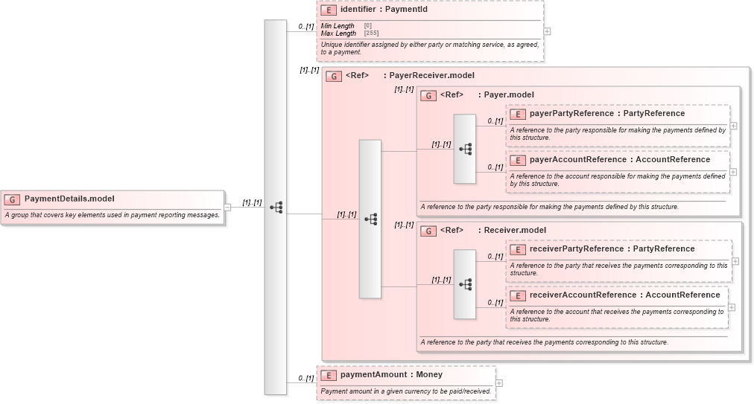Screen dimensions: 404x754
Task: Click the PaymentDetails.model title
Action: coord(69,199)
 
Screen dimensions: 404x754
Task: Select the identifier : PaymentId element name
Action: coord(383,10)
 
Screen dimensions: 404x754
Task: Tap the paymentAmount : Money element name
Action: coord(391,374)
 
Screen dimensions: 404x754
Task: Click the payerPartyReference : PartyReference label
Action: coord(606,113)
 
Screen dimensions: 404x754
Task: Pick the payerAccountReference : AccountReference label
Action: coord(619,159)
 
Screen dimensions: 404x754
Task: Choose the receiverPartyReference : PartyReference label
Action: coord(612,249)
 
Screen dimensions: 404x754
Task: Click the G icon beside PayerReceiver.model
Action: coord(334,76)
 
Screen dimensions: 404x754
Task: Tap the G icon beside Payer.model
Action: coord(428,95)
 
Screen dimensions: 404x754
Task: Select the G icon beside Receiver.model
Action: coord(428,231)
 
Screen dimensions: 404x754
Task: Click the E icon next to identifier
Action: coord(328,10)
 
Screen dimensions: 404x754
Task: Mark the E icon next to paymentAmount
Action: coord(328,375)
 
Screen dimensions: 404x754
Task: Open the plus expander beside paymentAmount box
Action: coord(499,383)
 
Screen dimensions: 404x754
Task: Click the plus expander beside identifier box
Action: coord(548,31)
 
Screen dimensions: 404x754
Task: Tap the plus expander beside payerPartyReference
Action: coord(734,126)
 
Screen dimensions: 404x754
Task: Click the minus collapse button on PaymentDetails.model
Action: coord(227,208)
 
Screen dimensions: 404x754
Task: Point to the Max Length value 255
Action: coord(371,33)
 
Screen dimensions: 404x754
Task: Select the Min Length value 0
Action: coord(368,26)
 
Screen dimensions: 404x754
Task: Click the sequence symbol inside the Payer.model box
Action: coord(465,149)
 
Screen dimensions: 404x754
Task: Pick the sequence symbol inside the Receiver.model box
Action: coord(465,284)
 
